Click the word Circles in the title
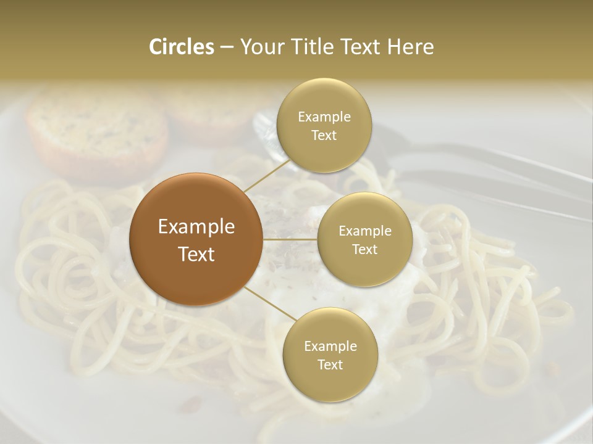click(x=181, y=47)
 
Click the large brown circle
click(x=196, y=239)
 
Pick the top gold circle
click(x=324, y=126)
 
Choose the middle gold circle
click(x=364, y=239)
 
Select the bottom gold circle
click(x=330, y=355)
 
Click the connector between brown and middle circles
click(x=290, y=239)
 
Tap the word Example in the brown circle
click(x=196, y=226)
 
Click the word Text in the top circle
click(x=324, y=136)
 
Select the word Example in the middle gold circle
click(x=364, y=231)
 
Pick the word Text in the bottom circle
click(x=330, y=364)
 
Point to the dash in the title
click(x=226, y=47)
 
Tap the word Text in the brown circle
click(x=196, y=253)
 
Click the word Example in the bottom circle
click(x=330, y=346)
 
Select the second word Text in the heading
click(x=361, y=47)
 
